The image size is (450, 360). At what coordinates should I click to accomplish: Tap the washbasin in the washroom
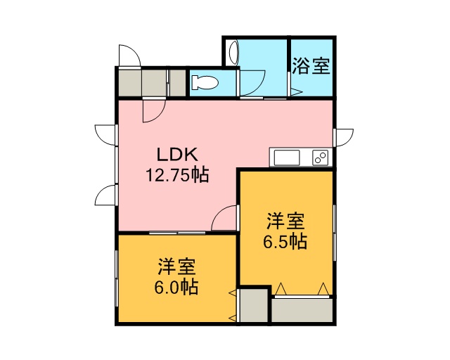(x=233, y=53)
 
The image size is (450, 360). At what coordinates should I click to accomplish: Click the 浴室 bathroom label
(x=311, y=66)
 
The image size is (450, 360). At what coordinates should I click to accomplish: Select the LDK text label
(x=177, y=155)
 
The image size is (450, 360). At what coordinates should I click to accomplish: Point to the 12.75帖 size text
(x=177, y=174)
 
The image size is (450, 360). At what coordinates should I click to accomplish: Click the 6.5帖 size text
(x=285, y=241)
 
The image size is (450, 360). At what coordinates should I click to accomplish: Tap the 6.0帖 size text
(x=176, y=286)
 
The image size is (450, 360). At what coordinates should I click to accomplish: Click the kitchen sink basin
(x=287, y=157)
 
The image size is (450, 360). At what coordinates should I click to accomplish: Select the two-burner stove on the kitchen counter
(x=321, y=157)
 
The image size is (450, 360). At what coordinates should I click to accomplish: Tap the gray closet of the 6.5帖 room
(x=302, y=310)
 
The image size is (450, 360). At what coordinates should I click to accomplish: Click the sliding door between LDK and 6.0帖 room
(x=177, y=233)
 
